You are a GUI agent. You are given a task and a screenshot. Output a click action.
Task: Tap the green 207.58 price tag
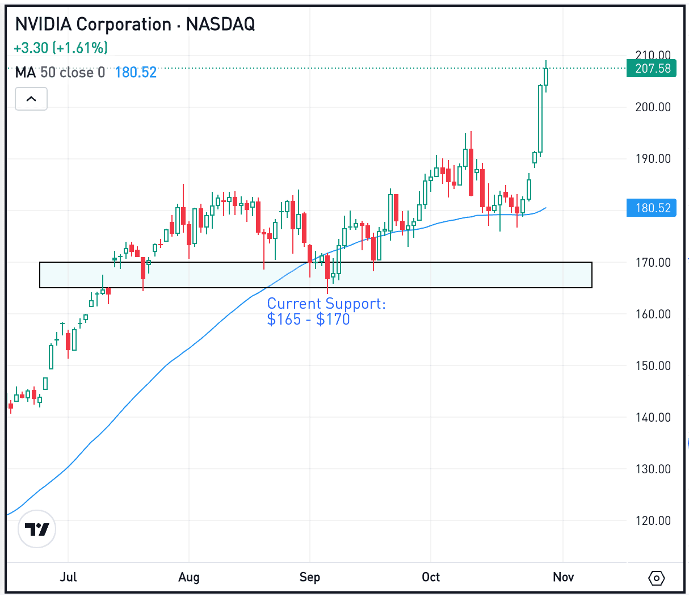[x=652, y=69]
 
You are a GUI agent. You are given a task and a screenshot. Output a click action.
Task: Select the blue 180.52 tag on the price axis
[x=652, y=208]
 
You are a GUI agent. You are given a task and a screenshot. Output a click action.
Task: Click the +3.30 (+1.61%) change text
[x=61, y=48]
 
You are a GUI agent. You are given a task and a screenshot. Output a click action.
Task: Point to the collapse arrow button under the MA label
[x=31, y=99]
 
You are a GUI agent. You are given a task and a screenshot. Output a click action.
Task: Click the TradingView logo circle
[x=37, y=529]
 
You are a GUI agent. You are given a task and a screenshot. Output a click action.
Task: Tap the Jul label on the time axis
[x=68, y=577]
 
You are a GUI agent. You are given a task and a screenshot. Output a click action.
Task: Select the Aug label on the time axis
[x=189, y=577]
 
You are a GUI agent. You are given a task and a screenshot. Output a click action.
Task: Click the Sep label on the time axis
[x=310, y=577]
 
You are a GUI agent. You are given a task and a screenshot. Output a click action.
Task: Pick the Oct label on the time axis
[x=431, y=577]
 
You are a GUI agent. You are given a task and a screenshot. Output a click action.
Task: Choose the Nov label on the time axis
[x=563, y=577]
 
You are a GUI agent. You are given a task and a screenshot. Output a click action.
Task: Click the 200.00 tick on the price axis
[x=653, y=107]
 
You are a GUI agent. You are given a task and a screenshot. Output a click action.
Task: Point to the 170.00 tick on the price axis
[x=653, y=263]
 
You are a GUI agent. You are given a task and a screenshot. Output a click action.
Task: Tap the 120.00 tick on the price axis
[x=653, y=521]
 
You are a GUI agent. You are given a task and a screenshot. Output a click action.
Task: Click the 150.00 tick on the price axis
[x=653, y=366]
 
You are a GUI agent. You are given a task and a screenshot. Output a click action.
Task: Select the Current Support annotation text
[x=326, y=312]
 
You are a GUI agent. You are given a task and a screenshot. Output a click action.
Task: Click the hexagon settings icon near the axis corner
[x=656, y=578]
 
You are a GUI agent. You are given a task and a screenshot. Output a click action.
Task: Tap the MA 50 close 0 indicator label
[x=60, y=73]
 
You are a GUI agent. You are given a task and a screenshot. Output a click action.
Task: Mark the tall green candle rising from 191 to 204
[x=540, y=119]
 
